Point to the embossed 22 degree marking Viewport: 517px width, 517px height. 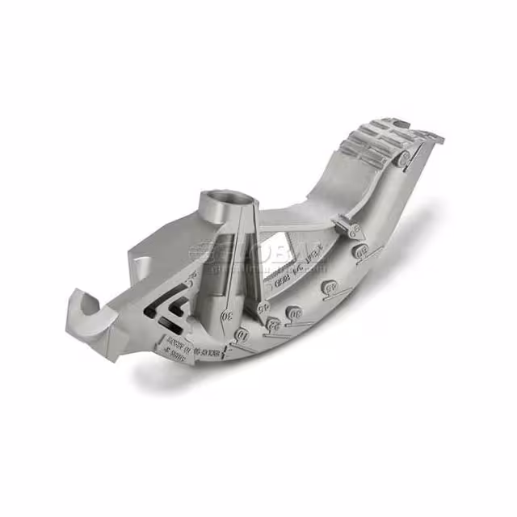coord(274,325)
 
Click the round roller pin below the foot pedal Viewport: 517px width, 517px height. coord(401,160)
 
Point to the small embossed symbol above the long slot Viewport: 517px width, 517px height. coord(191,281)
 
